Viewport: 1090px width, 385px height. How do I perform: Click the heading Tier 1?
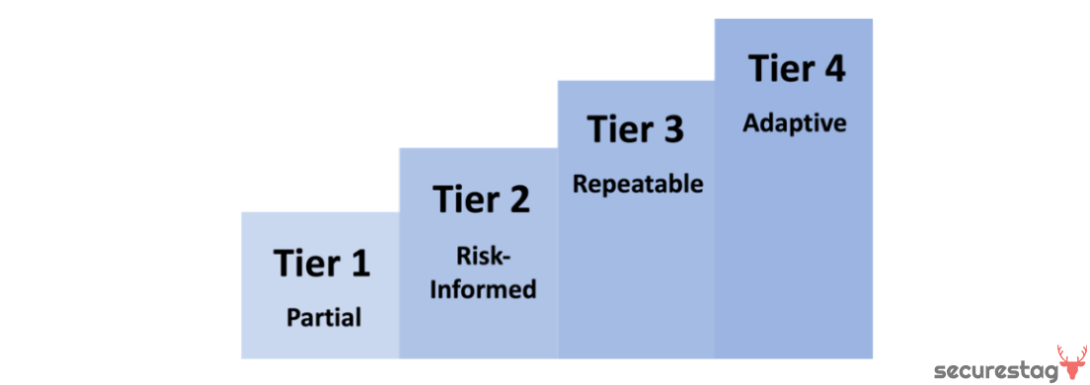point(322,264)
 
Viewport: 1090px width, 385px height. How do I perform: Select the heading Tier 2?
point(481,199)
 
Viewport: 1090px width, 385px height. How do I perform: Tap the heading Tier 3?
point(636,130)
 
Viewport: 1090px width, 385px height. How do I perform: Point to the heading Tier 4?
point(796,70)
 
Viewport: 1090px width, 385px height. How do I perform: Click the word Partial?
point(324,318)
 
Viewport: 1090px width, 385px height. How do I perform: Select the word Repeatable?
point(638,185)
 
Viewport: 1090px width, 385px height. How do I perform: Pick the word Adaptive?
point(795,124)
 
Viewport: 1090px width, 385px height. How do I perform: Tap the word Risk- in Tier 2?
point(482,255)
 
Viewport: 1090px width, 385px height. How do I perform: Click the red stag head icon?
point(1071,362)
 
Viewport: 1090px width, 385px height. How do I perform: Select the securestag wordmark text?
point(993,371)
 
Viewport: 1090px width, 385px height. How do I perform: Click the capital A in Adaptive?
point(750,124)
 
